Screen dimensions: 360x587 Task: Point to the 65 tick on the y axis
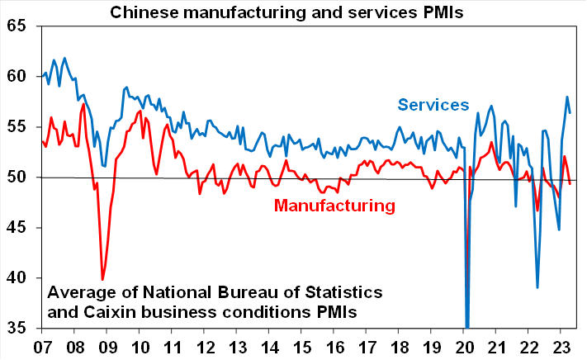pos(17,26)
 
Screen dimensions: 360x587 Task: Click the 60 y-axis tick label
pos(17,76)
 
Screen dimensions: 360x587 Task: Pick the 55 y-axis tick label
pos(17,126)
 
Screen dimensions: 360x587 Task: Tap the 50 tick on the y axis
pos(17,177)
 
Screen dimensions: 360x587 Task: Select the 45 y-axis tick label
pos(17,227)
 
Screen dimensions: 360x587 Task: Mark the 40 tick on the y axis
pos(17,277)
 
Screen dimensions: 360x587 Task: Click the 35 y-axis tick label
pos(17,328)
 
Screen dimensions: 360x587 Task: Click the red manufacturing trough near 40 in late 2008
pos(102,279)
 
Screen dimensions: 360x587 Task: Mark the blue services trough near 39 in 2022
pos(537,287)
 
